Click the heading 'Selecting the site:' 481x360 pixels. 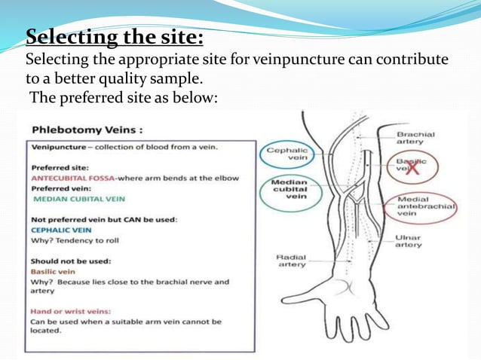115,37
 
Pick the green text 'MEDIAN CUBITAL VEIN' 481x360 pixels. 78,199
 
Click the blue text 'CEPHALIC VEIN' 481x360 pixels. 61,230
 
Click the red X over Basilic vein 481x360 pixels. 414,169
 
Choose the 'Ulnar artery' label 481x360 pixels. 410,241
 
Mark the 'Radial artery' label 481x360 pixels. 290,260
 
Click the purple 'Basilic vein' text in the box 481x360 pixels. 53,271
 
